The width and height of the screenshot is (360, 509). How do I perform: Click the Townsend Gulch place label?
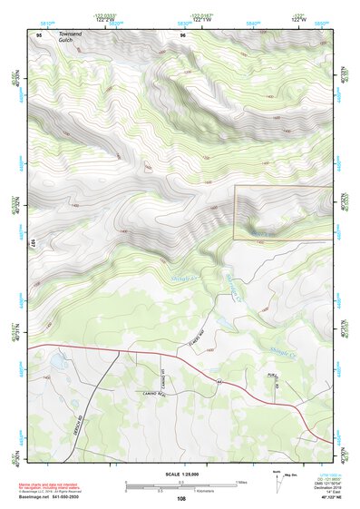70,39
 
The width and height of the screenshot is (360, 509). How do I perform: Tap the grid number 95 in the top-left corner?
38,34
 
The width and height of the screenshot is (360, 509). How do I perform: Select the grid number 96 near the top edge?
182,34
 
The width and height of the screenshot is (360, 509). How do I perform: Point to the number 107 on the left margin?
32,243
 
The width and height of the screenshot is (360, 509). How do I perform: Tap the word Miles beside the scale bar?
241,482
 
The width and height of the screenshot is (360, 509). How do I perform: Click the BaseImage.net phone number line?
56,498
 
